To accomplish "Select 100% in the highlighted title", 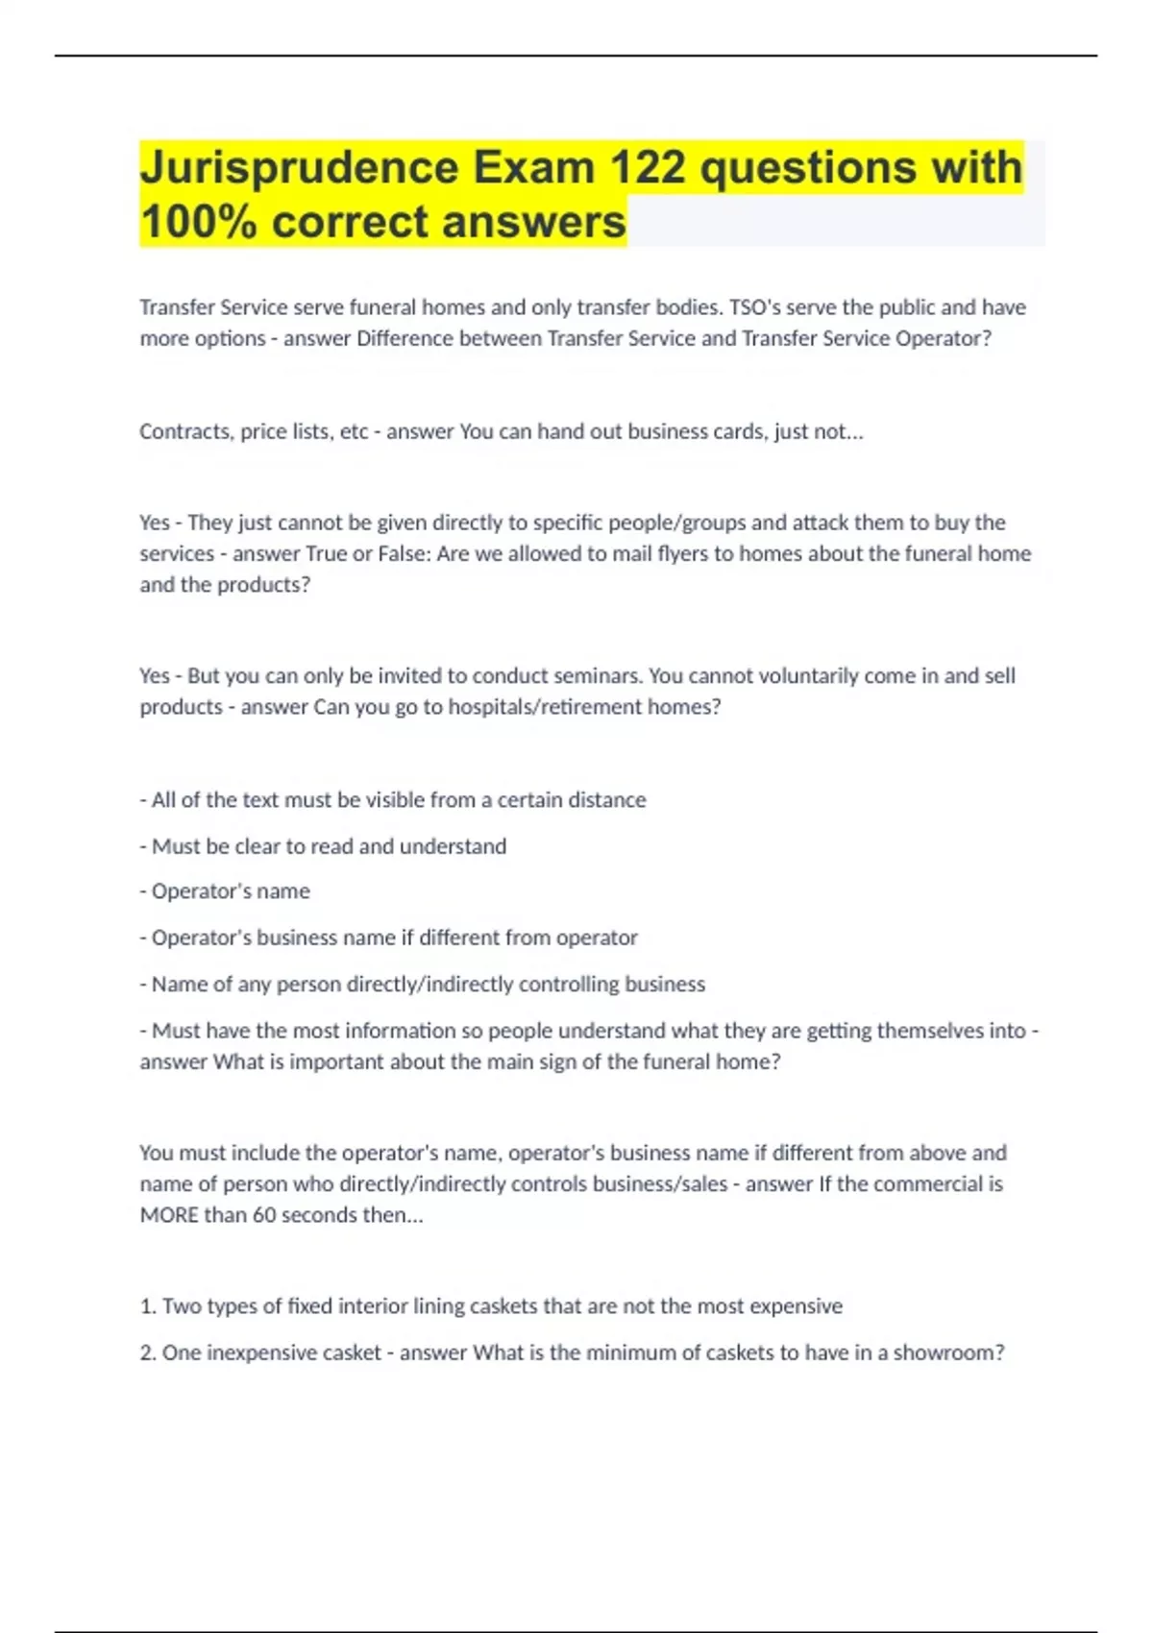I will pos(199,222).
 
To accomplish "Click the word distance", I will pos(606,800).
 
